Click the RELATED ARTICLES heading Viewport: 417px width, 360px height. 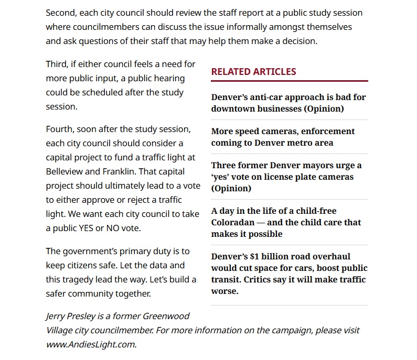[253, 72]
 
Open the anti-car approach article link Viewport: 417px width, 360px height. [288, 103]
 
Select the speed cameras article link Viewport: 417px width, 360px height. [283, 137]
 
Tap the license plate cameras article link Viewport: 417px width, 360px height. [286, 177]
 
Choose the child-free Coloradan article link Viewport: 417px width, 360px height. [286, 222]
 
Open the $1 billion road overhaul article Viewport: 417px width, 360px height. [288, 274]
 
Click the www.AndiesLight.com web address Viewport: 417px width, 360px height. [91, 344]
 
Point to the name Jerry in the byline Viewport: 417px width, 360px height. [56, 316]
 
